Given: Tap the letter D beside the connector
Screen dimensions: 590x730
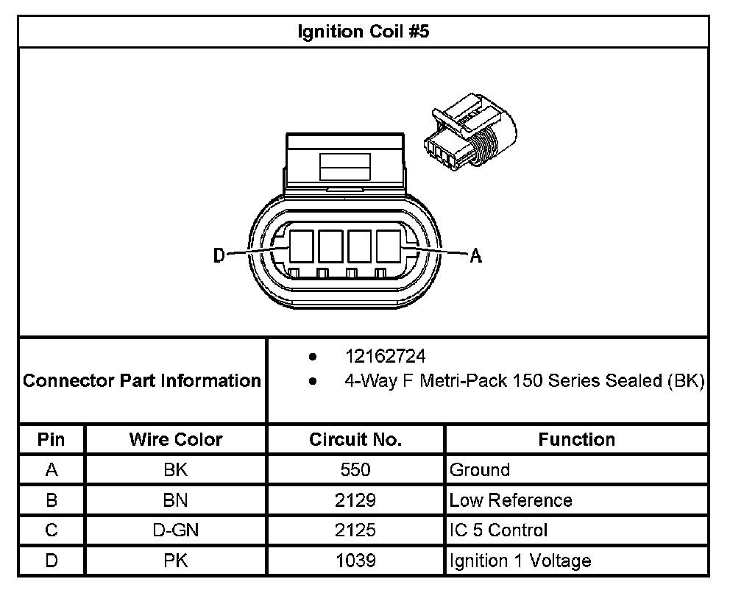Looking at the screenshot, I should click(x=219, y=255).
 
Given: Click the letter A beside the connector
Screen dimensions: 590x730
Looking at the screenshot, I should click(x=475, y=255).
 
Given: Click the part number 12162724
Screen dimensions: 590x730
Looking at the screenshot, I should click(x=386, y=357).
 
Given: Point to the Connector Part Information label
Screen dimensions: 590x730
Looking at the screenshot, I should click(x=142, y=381).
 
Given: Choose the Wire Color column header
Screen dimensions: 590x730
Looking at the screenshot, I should click(x=176, y=440).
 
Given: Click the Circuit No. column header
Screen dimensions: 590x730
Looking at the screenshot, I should click(x=355, y=440).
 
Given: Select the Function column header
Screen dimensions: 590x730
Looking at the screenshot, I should click(x=577, y=440).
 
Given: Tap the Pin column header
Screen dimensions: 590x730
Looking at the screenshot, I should click(x=52, y=440).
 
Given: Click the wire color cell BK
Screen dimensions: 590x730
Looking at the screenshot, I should click(x=176, y=470).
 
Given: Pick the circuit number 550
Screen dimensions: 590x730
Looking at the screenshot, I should click(x=355, y=470).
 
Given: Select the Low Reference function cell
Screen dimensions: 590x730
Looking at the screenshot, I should click(x=510, y=500).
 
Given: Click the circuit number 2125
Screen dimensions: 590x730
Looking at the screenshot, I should click(x=355, y=530).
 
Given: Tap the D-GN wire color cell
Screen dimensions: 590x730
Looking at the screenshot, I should click(x=176, y=530).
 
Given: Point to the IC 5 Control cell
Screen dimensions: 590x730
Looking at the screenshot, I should click(x=498, y=530).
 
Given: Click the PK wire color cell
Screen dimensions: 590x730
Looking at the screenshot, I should click(x=176, y=561).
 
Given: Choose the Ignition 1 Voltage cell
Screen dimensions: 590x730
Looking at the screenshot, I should click(x=520, y=561).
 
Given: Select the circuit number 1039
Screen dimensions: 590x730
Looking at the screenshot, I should click(x=355, y=561).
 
